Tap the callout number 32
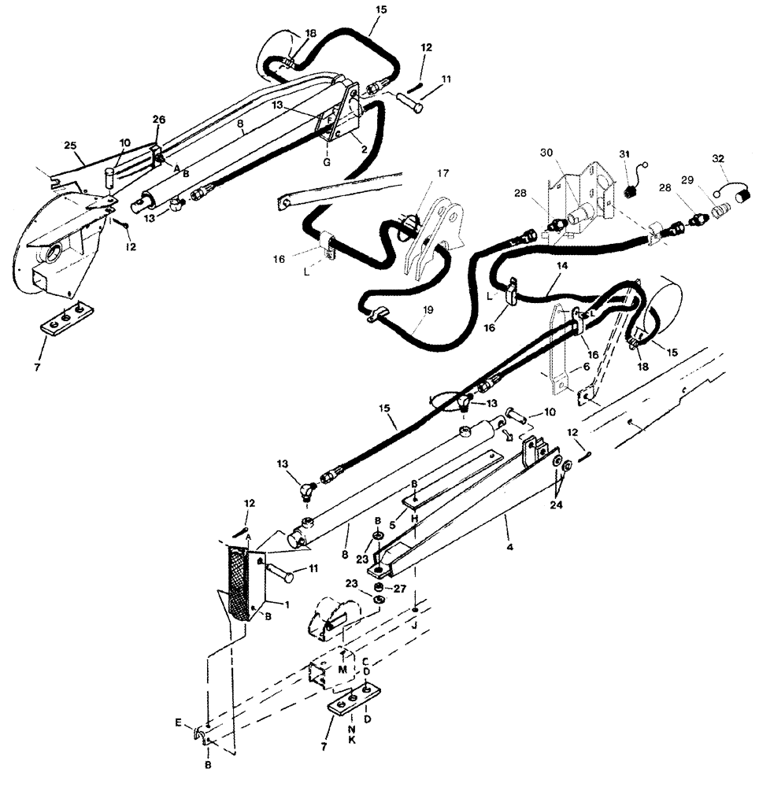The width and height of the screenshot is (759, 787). click(x=717, y=157)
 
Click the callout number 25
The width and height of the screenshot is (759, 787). click(x=69, y=146)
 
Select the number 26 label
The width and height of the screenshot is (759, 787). click(x=158, y=120)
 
